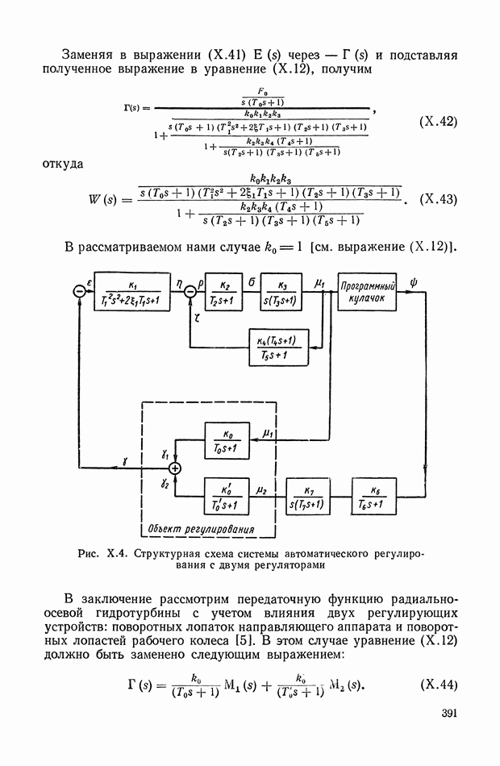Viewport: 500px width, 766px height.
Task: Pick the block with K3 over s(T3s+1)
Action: point(282,291)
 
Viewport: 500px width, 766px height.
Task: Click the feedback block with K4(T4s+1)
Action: point(278,348)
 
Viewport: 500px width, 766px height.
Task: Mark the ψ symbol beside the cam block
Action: point(414,281)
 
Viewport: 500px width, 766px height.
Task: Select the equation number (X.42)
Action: point(439,123)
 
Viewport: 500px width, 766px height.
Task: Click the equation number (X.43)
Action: point(439,198)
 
